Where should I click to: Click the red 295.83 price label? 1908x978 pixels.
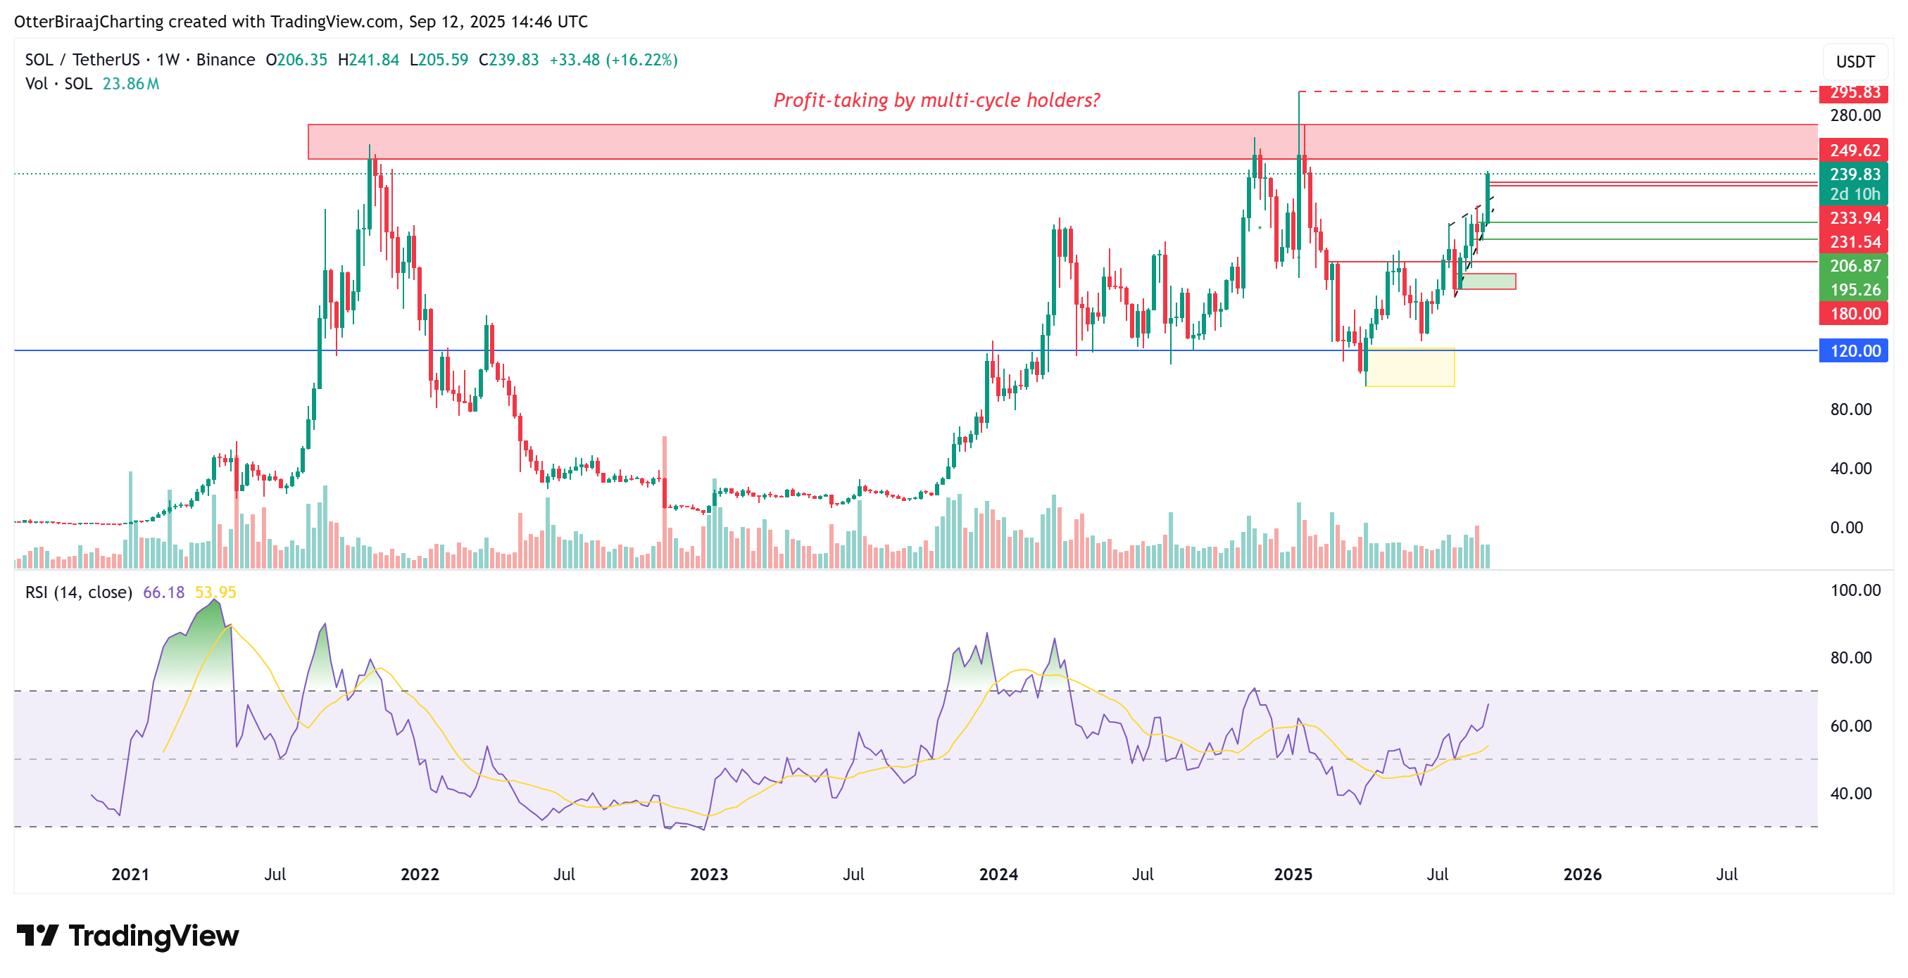coord(1854,93)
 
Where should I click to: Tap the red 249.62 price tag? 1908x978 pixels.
coord(1854,151)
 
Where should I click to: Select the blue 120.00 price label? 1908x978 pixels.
coord(1854,351)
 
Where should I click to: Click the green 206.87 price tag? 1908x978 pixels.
coord(1854,266)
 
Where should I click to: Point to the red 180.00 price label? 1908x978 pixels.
coord(1854,314)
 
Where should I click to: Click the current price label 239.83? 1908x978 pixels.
coord(1854,174)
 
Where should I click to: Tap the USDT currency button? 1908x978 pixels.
coord(1854,61)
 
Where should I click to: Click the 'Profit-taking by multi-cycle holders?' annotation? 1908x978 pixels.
coord(936,100)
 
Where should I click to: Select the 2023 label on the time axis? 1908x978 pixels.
coord(709,875)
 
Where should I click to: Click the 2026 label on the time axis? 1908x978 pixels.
coord(1582,875)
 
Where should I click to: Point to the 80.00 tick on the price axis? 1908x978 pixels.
coord(1850,409)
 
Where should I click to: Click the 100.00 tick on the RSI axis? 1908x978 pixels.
coord(1854,590)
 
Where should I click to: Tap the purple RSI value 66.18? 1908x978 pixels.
coord(163,592)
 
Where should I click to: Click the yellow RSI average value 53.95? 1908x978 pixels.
coord(215,592)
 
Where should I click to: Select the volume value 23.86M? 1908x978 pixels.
coord(130,84)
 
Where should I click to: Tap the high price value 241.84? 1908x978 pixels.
coord(373,60)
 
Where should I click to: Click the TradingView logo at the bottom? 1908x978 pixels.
coord(127,936)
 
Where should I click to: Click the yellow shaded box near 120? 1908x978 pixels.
coord(1410,367)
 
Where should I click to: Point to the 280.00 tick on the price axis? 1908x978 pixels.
coord(1854,115)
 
